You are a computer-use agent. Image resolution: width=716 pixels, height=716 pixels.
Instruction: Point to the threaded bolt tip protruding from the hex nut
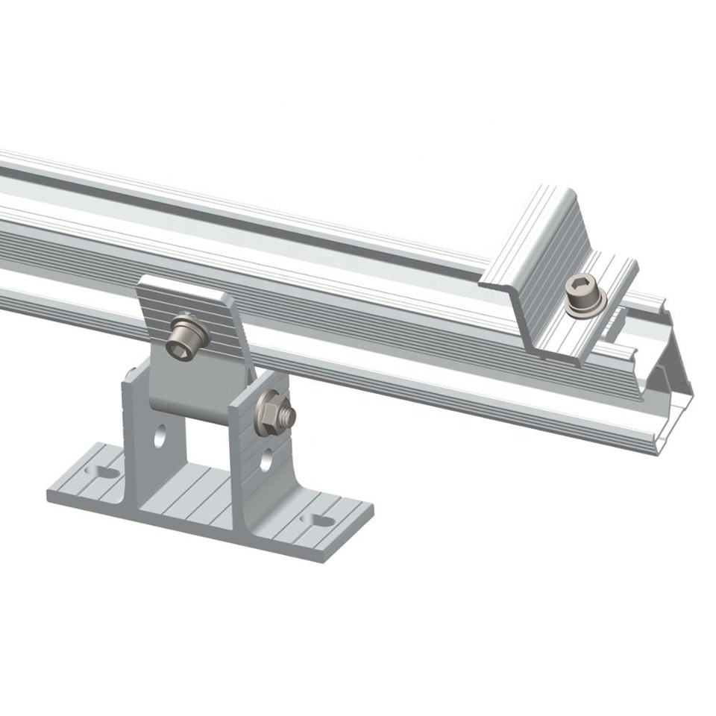287,416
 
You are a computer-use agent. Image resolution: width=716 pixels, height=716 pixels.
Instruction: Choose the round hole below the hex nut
266,459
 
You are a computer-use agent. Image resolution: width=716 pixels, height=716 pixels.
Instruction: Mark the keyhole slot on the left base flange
102,471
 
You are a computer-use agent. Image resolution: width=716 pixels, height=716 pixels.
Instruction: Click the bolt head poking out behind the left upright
131,370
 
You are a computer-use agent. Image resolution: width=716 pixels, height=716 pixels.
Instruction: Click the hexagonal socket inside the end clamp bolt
582,286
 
